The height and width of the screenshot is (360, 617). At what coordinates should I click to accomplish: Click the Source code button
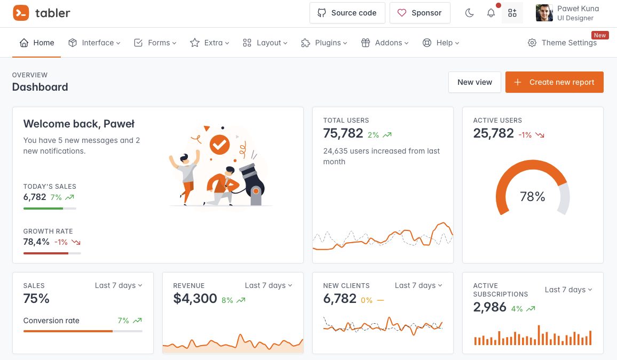(347, 13)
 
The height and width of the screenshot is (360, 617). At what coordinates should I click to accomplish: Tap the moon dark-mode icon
(470, 13)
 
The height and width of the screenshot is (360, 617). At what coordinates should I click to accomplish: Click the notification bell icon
(491, 13)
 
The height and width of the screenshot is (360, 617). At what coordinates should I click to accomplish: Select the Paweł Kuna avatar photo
(544, 13)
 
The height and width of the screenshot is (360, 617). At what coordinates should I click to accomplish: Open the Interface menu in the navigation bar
(94, 43)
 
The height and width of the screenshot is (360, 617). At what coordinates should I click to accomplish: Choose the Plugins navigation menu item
(324, 43)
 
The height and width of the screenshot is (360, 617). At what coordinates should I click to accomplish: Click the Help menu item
(440, 43)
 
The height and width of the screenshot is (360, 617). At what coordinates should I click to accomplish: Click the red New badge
(600, 35)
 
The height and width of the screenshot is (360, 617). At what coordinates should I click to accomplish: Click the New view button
(474, 82)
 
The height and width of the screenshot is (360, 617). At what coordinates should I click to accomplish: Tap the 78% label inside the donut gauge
(533, 197)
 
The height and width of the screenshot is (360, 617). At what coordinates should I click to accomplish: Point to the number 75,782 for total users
(343, 133)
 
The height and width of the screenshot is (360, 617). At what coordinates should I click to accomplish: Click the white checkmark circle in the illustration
(219, 143)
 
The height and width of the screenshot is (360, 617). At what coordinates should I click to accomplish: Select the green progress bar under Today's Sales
(43, 208)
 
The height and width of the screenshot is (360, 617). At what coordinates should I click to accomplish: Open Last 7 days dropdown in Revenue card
(268, 285)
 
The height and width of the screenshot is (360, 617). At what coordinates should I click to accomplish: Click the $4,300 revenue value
(195, 299)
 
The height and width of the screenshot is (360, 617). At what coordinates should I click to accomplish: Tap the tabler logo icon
(21, 13)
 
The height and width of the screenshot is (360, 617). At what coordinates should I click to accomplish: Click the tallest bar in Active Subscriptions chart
(539, 335)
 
